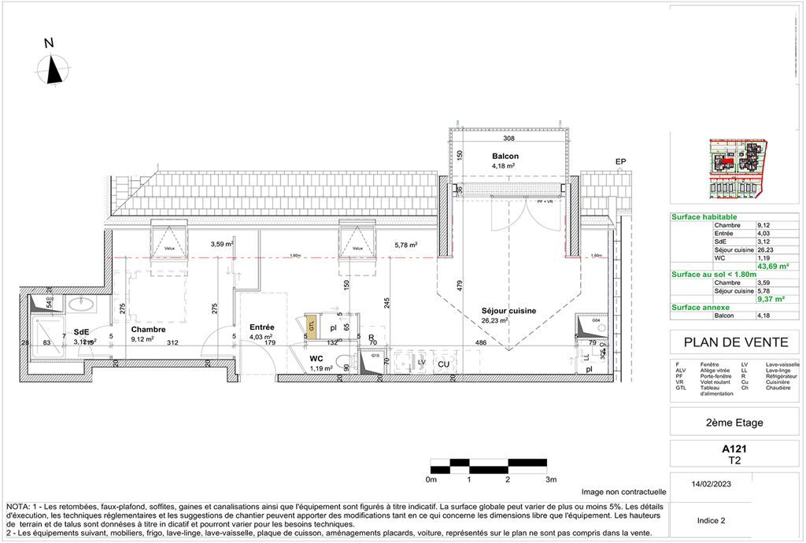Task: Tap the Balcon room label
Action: (x=505, y=156)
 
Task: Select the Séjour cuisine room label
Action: (x=508, y=311)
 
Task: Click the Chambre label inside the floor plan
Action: (x=149, y=329)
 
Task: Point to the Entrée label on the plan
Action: (x=261, y=327)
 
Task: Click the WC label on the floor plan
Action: (x=316, y=358)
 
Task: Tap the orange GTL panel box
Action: (x=312, y=327)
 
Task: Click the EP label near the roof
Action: (x=620, y=162)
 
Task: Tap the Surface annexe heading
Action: (x=701, y=308)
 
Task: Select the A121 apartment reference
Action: (x=734, y=449)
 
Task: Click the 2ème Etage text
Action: (x=734, y=423)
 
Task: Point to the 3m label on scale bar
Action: (x=550, y=479)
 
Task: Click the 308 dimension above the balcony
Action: (x=508, y=139)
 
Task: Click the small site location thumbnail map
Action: (x=737, y=168)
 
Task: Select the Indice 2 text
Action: (x=712, y=520)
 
